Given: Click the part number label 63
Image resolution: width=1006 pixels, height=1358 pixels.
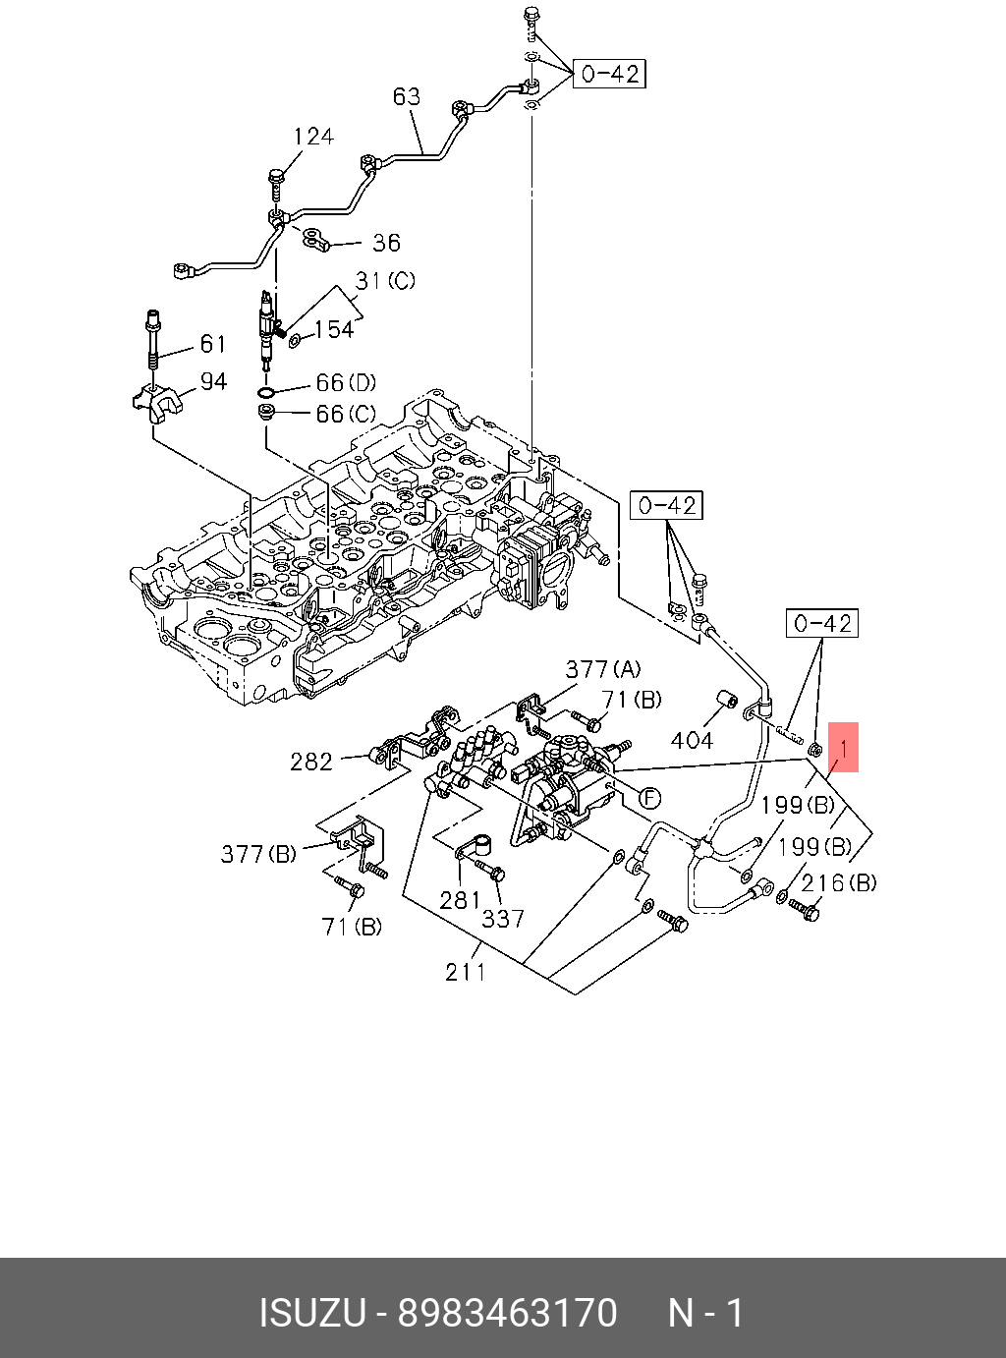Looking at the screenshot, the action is [x=407, y=96].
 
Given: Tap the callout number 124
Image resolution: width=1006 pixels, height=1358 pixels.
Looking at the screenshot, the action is [x=313, y=136].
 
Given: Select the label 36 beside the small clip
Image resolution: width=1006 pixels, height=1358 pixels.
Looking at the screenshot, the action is [x=386, y=243].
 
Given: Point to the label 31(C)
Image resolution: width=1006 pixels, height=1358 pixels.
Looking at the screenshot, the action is [x=385, y=280].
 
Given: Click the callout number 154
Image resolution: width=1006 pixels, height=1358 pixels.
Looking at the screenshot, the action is [x=334, y=329].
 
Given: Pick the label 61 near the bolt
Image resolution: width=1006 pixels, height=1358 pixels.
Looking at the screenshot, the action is [x=212, y=344].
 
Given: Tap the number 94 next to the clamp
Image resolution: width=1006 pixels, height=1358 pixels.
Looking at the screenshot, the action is [x=214, y=382].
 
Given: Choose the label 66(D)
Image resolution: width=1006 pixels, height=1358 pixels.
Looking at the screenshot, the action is [x=346, y=383].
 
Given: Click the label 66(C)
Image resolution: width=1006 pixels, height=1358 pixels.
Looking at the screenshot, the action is [x=346, y=415].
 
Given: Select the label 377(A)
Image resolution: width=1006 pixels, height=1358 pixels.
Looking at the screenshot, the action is [x=602, y=669].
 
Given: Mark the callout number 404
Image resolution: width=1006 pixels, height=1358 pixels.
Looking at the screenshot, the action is [x=692, y=740].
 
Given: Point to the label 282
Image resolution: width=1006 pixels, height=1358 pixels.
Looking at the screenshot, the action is [x=311, y=762].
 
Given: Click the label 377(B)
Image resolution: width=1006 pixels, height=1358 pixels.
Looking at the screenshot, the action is [x=258, y=854].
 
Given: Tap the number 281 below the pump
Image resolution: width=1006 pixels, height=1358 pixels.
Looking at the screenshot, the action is [x=460, y=901].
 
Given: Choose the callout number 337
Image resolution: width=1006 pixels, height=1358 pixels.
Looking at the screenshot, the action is [x=503, y=919].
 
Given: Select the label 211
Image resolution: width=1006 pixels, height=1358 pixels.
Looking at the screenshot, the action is [x=466, y=972].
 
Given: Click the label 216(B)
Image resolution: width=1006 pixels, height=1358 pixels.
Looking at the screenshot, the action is [x=839, y=882].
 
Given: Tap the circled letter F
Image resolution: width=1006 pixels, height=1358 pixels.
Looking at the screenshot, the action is [x=649, y=798].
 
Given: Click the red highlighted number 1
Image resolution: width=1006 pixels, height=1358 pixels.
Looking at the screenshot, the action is [x=843, y=748].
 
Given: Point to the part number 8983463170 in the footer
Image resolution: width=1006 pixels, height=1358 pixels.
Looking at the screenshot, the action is [x=508, y=1314].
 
